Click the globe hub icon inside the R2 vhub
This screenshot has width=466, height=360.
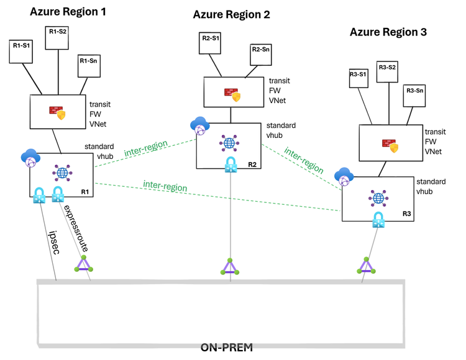229,143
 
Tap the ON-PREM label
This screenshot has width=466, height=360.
226,348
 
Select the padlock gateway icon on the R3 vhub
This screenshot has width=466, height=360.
378,220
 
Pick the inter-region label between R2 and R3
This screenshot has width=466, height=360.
304,161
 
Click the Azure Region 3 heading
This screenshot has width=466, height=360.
388,32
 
